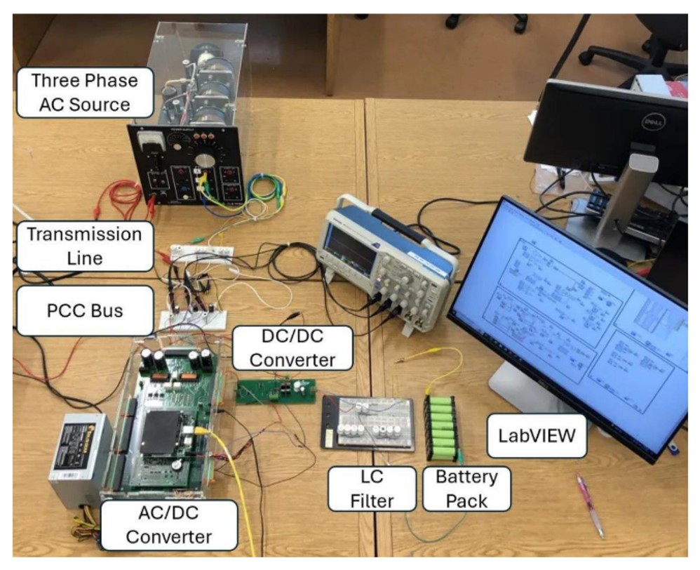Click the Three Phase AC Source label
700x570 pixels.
pyautogui.click(x=84, y=91)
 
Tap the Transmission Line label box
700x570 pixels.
pyautogui.click(x=84, y=246)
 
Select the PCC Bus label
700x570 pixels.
pyautogui.click(x=84, y=310)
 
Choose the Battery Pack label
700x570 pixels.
pyautogui.click(x=466, y=489)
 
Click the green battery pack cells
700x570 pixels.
pyautogui.click(x=442, y=428)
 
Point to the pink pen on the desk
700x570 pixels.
pyautogui.click(x=591, y=505)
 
